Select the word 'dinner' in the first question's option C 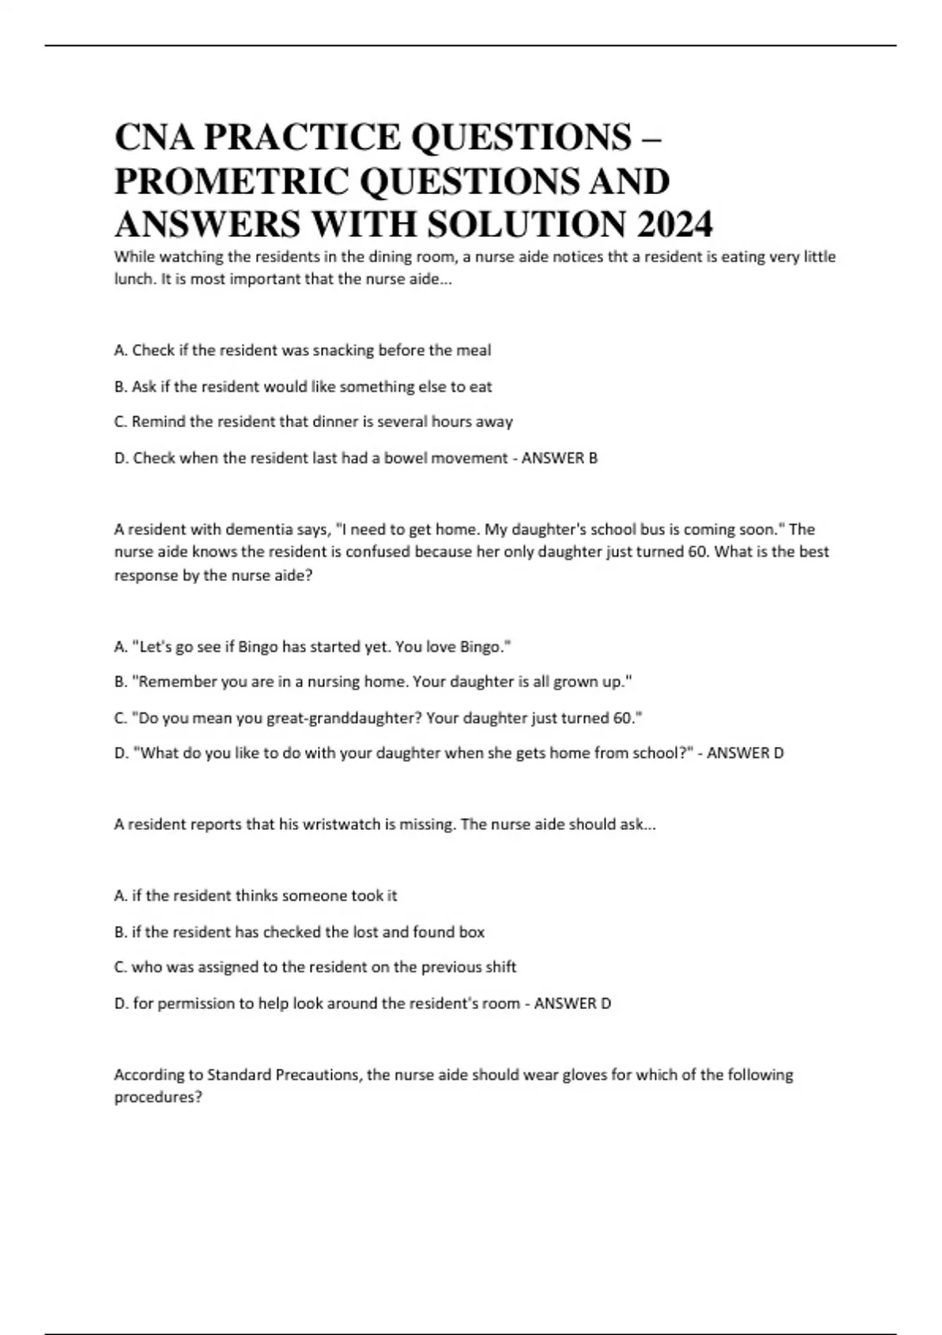[x=335, y=422]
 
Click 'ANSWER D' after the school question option [x=745, y=753]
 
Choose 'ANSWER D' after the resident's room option [x=572, y=1004]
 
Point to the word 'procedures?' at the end [x=158, y=1097]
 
